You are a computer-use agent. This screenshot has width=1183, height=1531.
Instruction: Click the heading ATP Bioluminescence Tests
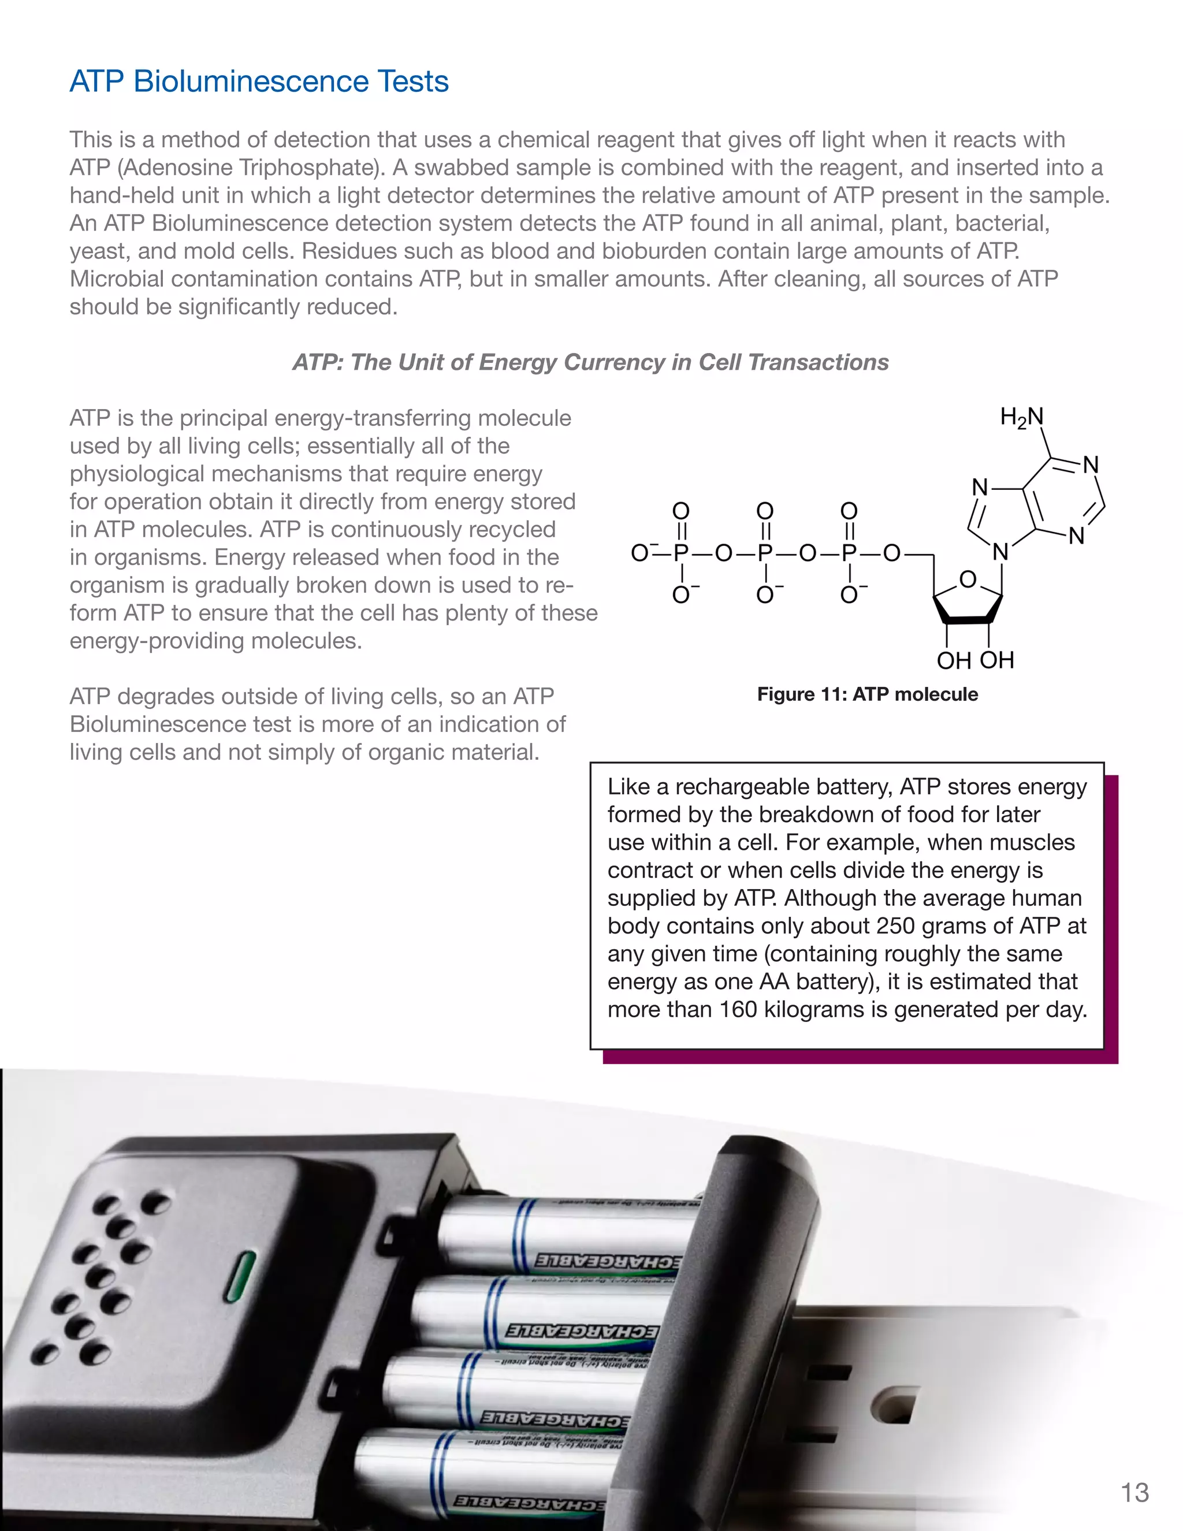click(x=259, y=81)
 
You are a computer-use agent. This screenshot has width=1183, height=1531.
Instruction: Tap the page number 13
click(x=1134, y=1492)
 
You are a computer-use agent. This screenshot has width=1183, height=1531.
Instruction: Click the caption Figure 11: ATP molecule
click(x=867, y=694)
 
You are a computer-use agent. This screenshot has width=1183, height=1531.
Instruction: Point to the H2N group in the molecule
click(x=1021, y=418)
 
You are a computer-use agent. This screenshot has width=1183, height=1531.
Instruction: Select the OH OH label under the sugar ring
click(x=975, y=660)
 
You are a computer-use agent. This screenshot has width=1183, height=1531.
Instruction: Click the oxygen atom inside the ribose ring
click(x=968, y=579)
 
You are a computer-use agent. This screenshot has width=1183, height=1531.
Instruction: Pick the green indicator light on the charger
click(x=239, y=1277)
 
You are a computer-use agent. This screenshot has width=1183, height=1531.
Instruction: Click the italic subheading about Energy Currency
click(x=590, y=362)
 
